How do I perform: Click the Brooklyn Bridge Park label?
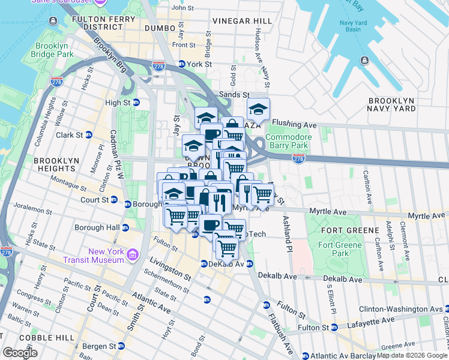(54, 50)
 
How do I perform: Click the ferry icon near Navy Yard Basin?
(365, 60)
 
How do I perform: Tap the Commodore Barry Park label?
(288, 141)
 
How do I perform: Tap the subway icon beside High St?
(136, 103)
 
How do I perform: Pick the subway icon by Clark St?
(89, 135)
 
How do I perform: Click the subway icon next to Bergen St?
(121, 346)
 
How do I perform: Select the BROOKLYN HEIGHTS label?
(56, 165)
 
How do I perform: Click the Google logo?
(20, 353)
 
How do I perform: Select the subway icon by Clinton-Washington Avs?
(445, 309)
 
